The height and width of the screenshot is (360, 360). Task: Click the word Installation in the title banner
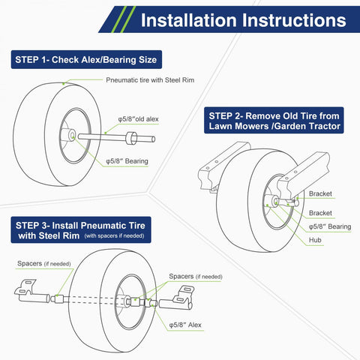click(187, 19)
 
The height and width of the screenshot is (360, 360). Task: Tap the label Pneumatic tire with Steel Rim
click(151, 79)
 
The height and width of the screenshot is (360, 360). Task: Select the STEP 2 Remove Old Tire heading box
click(274, 121)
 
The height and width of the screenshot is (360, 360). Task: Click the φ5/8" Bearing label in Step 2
click(330, 226)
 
